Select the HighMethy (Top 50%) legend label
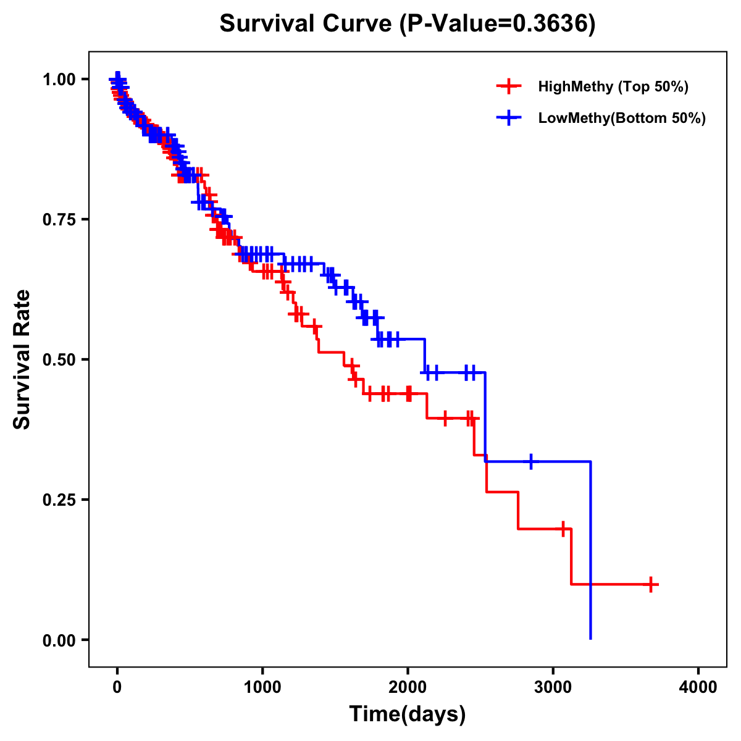(x=613, y=86)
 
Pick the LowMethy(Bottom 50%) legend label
(x=622, y=118)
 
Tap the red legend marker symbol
(x=508, y=86)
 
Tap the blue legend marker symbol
(x=508, y=118)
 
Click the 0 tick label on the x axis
(x=117, y=687)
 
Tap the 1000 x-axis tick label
(x=262, y=687)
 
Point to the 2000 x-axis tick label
(x=408, y=687)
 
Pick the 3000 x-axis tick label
(x=553, y=687)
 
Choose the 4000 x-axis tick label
(x=698, y=687)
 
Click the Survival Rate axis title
(x=22, y=359)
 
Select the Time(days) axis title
(x=408, y=714)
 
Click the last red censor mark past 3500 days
(x=651, y=584)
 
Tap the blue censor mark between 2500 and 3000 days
(x=530, y=461)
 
